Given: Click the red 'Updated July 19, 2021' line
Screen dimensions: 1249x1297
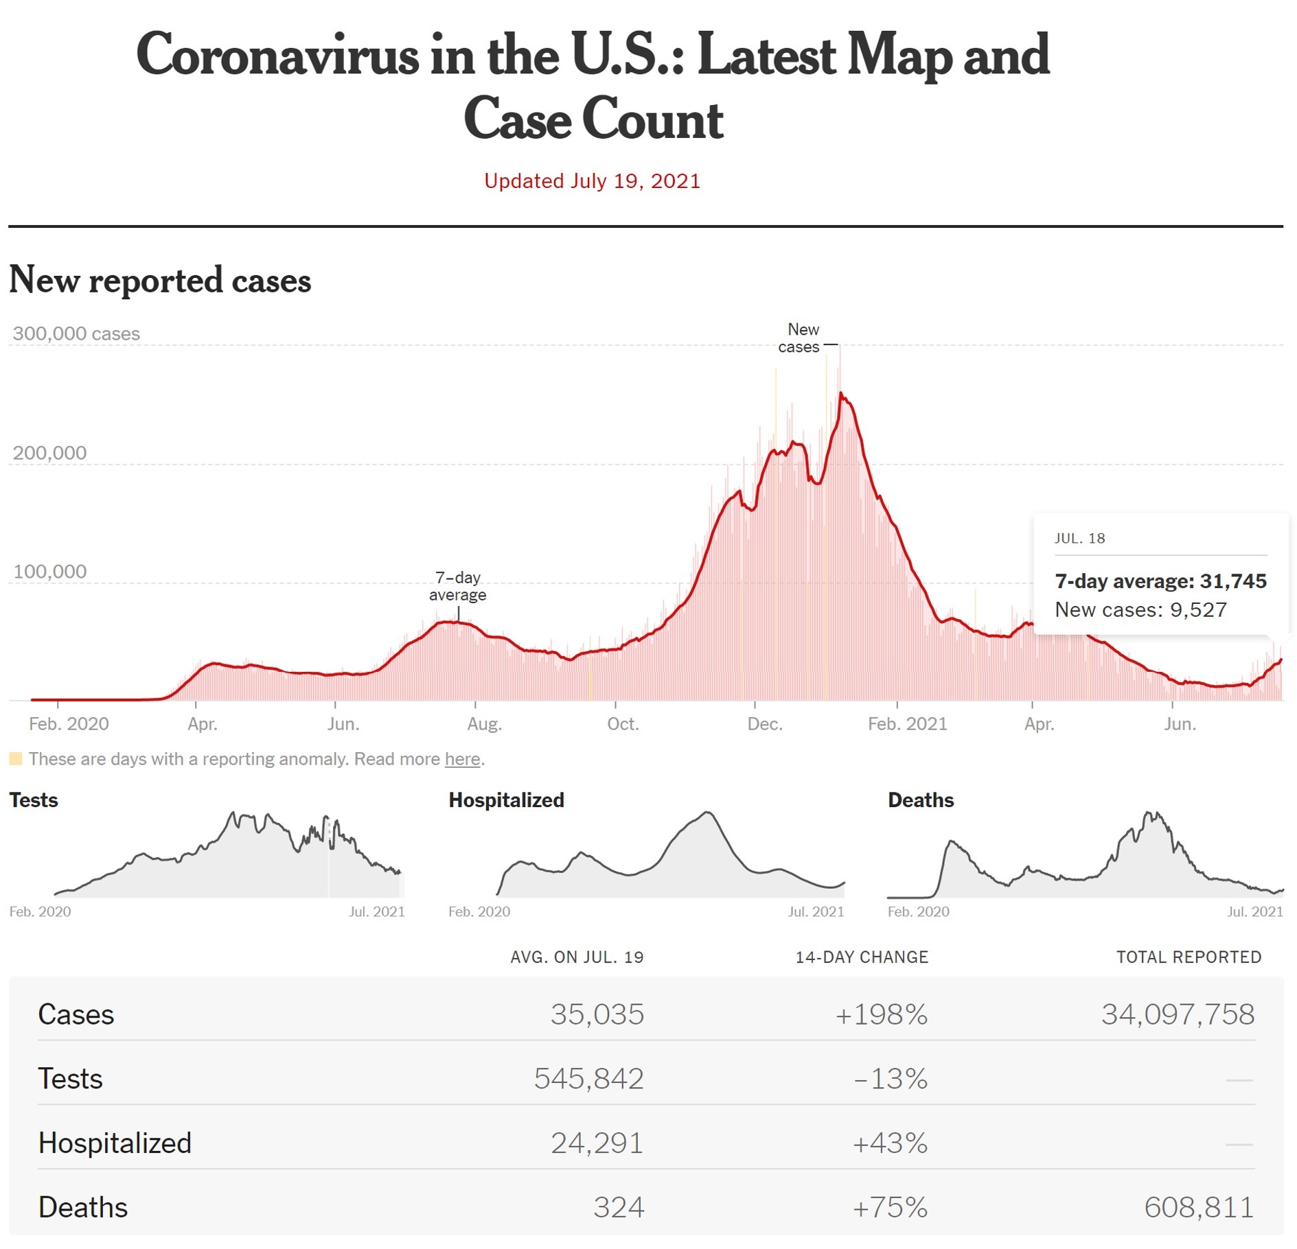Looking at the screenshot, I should pos(592,181).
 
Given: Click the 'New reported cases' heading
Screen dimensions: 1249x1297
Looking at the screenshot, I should pos(160,280).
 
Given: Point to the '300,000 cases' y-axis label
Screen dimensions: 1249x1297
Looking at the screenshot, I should pos(76,334).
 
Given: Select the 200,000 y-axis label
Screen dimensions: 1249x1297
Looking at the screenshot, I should pos(49,453).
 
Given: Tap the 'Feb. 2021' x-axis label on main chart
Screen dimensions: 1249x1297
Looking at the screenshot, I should pos(907,724).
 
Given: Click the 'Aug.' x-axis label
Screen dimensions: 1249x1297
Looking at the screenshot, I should pos(484,724).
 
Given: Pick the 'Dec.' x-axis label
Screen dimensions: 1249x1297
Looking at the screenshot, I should pos(764,724).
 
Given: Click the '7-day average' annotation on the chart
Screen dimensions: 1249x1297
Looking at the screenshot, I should pos(457,586).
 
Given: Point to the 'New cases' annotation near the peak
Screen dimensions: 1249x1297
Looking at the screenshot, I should pos(800,338).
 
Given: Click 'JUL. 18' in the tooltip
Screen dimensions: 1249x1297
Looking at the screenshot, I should pos(1079,539).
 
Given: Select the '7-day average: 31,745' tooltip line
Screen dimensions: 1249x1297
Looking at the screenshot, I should pos(1160,581).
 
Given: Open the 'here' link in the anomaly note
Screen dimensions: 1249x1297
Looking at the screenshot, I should pos(462,759).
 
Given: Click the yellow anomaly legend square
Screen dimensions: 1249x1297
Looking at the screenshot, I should pos(16,759).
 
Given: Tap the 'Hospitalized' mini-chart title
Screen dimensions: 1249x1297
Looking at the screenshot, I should pos(506,800).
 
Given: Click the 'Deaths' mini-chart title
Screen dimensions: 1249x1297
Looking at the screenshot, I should pos(921,800).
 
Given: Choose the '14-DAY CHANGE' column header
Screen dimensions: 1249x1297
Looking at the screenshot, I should pos(862,957).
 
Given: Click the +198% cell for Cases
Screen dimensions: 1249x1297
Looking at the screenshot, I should pos(882,1014).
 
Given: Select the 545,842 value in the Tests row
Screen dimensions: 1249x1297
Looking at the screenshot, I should pos(589,1079).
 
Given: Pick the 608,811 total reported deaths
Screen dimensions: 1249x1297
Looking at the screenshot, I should pos(1199,1207).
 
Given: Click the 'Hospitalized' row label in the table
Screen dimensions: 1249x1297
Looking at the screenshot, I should pos(115,1143).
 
